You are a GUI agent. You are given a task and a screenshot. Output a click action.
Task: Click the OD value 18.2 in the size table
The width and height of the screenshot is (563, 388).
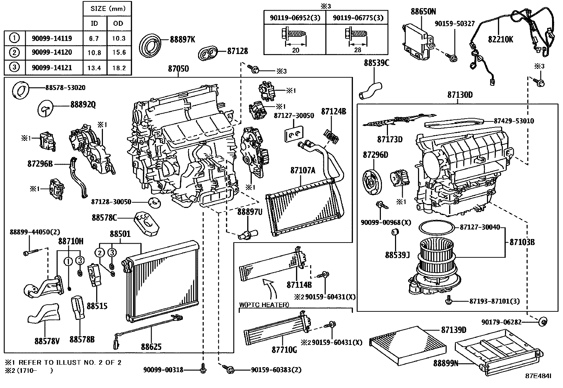[118, 68]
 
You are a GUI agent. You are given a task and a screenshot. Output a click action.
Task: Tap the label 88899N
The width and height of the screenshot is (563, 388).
[446, 363]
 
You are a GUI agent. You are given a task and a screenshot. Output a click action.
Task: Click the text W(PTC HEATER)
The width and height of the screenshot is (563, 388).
[264, 305]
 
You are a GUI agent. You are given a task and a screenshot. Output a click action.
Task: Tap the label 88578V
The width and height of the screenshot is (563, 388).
[47, 341]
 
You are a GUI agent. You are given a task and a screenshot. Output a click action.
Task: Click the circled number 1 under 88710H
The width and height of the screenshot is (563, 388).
[68, 262]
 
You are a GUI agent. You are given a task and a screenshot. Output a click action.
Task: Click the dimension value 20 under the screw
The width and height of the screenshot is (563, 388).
[295, 50]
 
